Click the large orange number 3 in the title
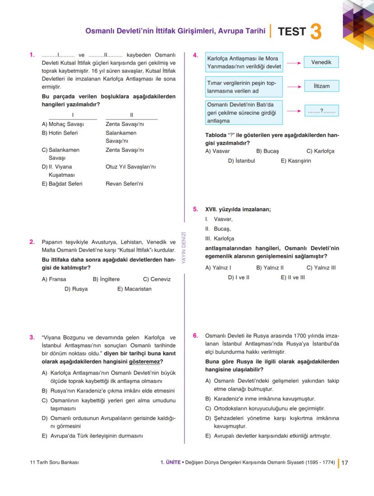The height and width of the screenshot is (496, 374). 316,32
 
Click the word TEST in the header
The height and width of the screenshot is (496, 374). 292,32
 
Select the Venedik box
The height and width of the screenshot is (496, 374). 321,62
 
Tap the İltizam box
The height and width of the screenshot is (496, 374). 321,86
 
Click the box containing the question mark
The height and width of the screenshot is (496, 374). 321,111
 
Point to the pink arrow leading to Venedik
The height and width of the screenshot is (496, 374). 294,63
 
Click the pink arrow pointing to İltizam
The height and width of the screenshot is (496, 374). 294,86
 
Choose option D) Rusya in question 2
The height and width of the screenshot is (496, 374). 76,289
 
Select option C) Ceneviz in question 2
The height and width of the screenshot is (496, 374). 157,279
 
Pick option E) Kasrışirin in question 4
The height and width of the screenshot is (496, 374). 296,160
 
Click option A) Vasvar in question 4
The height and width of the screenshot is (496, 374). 218,151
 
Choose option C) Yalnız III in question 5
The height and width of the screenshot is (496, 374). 321,267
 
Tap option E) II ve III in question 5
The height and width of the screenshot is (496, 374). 293,277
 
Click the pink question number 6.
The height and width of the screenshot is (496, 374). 195,336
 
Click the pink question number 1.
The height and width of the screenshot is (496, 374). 32,55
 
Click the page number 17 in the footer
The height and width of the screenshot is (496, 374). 345,463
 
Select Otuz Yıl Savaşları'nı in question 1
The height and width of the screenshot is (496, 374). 131,167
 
